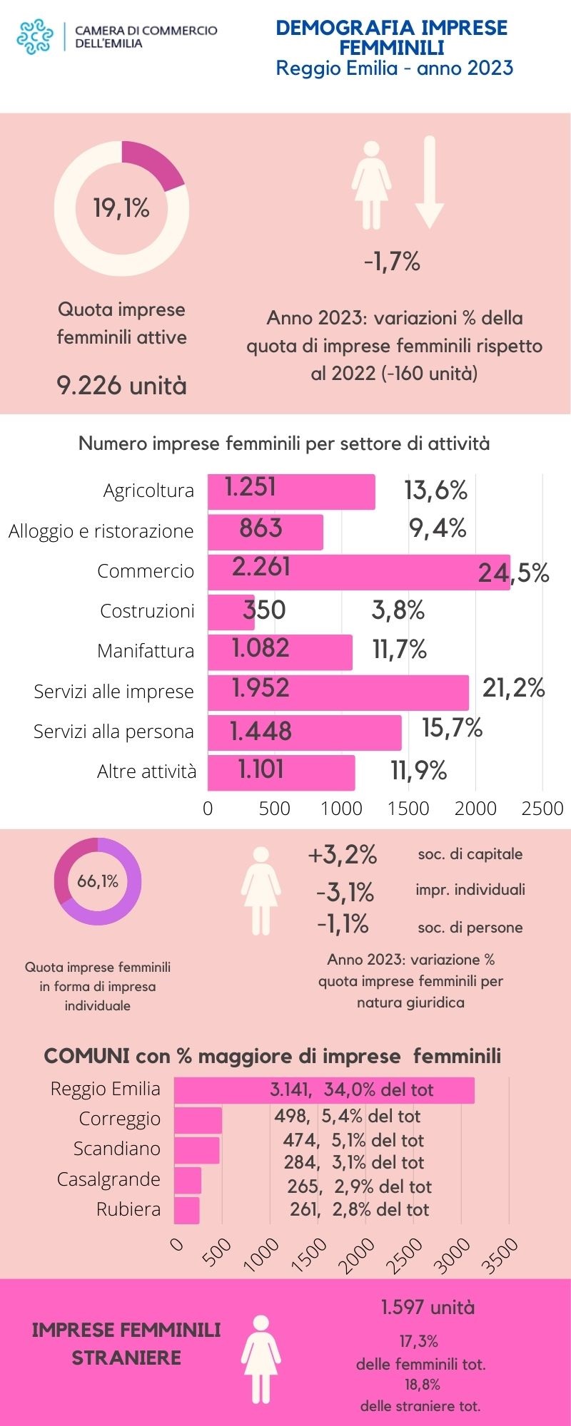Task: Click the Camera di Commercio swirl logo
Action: point(36,37)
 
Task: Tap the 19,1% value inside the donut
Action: point(121,208)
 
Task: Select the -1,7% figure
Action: point(392,262)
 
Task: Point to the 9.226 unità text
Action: point(121,386)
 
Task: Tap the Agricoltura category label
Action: point(148,491)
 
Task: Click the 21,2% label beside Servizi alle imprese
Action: point(513,688)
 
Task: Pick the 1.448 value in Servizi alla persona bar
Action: point(261,731)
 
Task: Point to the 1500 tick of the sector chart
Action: point(408,809)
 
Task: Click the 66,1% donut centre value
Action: point(98,882)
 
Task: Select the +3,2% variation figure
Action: point(343,855)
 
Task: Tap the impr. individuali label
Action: point(470,890)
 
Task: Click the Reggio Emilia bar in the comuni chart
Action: point(324,1090)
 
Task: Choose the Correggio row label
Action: point(120,1119)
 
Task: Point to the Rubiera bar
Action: point(187,1210)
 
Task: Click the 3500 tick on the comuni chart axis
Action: point(502,1255)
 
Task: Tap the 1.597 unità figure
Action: point(428,1308)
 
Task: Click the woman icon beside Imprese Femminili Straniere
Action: point(261,1359)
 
